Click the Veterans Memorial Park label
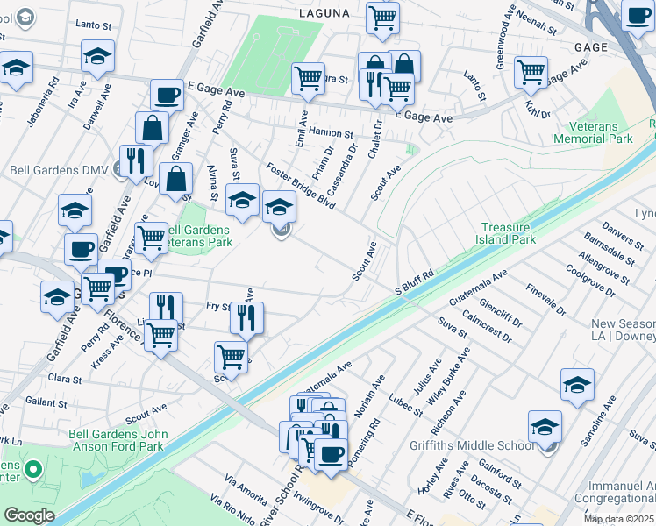[x=594, y=132]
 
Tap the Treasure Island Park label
[x=506, y=232]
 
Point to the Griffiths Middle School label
[x=471, y=445]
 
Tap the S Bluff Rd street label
[x=415, y=283]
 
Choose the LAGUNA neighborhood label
[x=324, y=13]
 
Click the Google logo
[x=30, y=515]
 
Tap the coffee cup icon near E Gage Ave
[x=166, y=96]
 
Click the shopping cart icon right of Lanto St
[x=531, y=73]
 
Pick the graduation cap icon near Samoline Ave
[x=577, y=385]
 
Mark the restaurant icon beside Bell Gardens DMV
[x=135, y=160]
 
